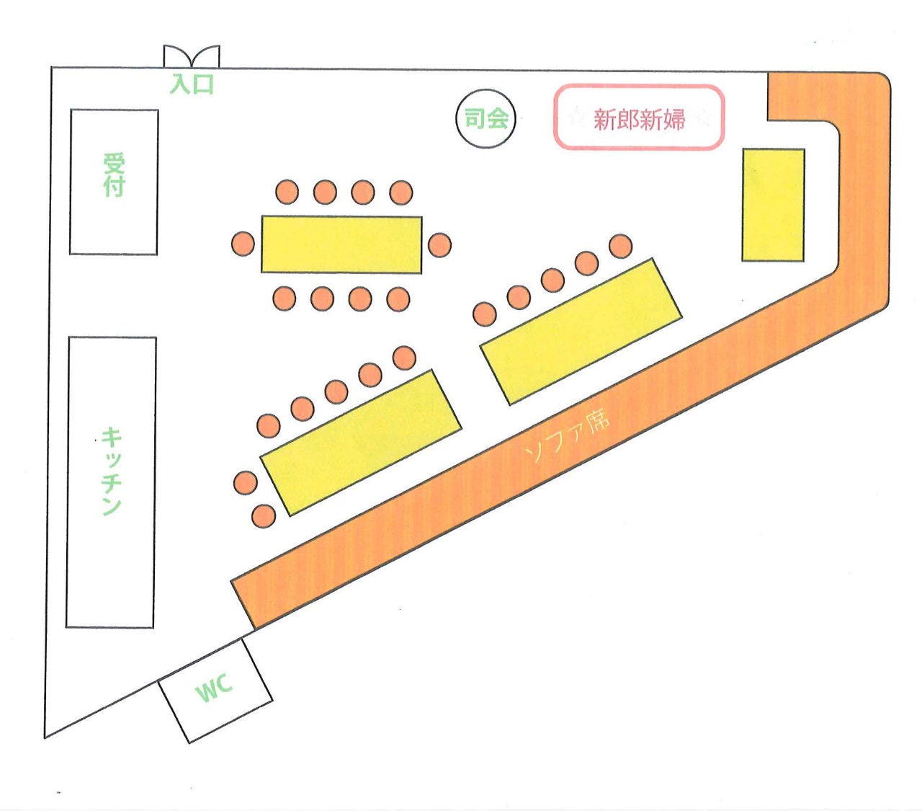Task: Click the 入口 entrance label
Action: point(192,84)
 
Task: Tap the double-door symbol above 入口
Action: point(192,56)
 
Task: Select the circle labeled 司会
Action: point(485,118)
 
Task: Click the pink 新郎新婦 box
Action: point(638,117)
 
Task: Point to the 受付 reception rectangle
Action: point(114,182)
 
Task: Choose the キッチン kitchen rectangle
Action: point(112,482)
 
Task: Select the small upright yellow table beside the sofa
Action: point(773,205)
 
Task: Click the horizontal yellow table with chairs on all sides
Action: point(341,244)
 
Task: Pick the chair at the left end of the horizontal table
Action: point(243,244)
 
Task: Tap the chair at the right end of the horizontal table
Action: point(439,244)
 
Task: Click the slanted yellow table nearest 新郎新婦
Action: point(581,331)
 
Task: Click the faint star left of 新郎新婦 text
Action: point(577,118)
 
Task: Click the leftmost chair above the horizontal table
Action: point(287,192)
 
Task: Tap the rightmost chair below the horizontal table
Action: point(398,299)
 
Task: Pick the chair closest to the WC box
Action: point(264,516)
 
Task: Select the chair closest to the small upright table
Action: point(621,246)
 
